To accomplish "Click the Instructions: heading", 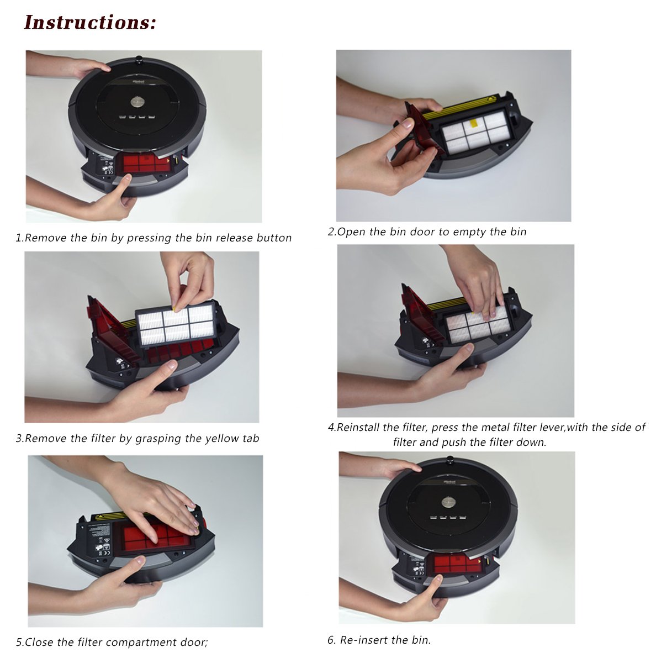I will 91,23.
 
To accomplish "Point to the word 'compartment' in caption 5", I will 144,643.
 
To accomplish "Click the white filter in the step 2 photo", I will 475,135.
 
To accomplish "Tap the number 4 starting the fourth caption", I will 331,428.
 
